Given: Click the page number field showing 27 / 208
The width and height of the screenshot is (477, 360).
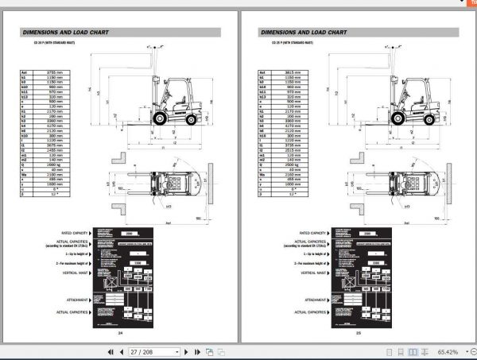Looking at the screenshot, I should point(145,350).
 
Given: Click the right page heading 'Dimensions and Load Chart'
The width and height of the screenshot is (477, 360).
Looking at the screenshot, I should point(303,33).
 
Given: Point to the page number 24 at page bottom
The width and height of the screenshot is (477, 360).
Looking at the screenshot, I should point(120,333).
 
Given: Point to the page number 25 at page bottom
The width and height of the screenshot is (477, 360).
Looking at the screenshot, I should point(359,333).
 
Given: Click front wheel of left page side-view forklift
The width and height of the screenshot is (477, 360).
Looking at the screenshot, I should point(159,118).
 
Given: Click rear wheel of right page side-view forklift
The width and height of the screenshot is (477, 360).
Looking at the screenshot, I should point(429,119).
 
